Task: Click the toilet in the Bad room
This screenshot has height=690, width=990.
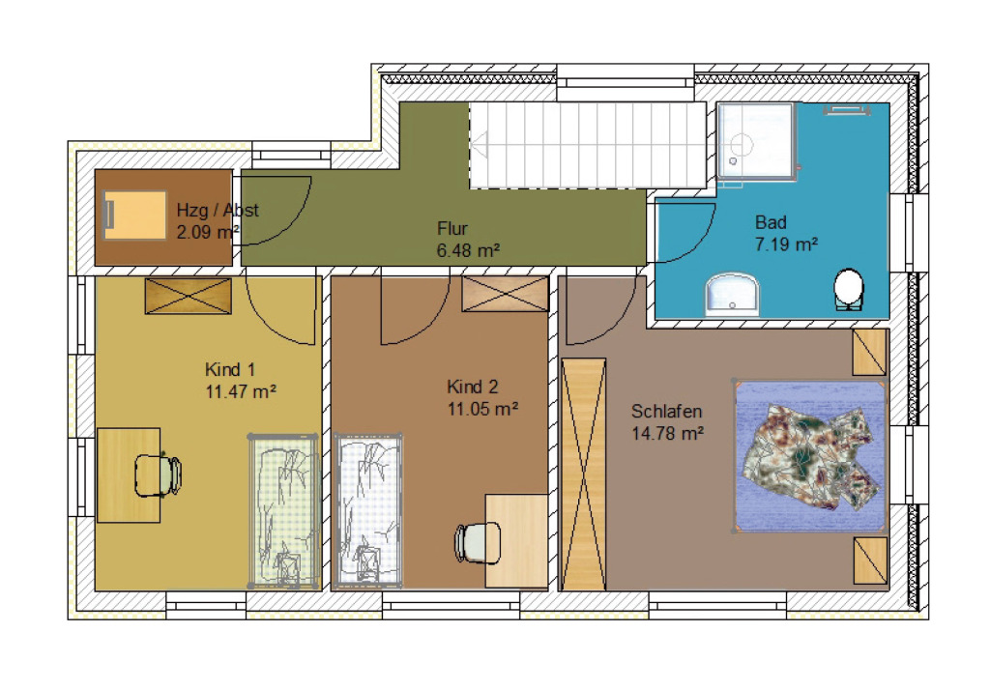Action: pyautogui.click(x=849, y=290)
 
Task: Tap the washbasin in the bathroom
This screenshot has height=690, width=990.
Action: pyautogui.click(x=733, y=294)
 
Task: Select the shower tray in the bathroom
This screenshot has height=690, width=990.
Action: pyautogui.click(x=755, y=141)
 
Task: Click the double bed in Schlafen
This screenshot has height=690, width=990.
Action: pyautogui.click(x=811, y=456)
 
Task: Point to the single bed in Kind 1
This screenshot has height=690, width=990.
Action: pyautogui.click(x=284, y=510)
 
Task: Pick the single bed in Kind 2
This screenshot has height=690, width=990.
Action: pyautogui.click(x=368, y=510)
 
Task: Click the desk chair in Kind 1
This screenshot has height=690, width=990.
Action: pyautogui.click(x=159, y=475)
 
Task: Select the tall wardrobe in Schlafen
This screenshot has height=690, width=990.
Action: pyautogui.click(x=583, y=474)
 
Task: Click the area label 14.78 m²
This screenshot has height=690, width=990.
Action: pyautogui.click(x=667, y=434)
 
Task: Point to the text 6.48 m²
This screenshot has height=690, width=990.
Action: pyautogui.click(x=468, y=250)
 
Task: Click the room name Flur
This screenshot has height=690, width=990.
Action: pyautogui.click(x=452, y=228)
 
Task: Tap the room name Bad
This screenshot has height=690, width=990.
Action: pyautogui.click(x=771, y=222)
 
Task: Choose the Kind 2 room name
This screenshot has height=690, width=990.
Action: pyautogui.click(x=472, y=387)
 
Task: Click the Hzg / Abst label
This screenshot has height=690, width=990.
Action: pyautogui.click(x=218, y=211)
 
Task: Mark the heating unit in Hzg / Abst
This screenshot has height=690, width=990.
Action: pyautogui.click(x=134, y=216)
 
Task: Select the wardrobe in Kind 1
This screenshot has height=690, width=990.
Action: pyautogui.click(x=189, y=296)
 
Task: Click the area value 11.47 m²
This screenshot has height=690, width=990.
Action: pyautogui.click(x=241, y=391)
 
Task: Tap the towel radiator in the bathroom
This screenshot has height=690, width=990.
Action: pyautogui.click(x=847, y=110)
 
